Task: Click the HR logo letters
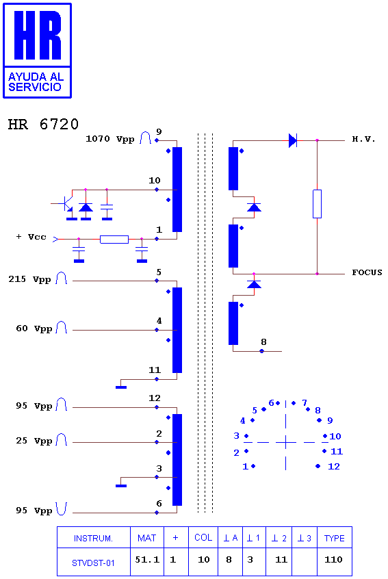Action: tap(37, 35)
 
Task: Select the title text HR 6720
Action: tap(43, 124)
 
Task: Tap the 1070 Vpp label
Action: tap(109, 139)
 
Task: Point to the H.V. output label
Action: tap(363, 139)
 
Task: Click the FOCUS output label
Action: tap(367, 272)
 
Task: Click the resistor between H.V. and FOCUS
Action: tap(317, 204)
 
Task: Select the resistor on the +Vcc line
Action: tap(114, 240)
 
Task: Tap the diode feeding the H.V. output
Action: tap(293, 140)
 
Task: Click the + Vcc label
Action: tap(31, 237)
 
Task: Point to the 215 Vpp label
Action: tap(29, 279)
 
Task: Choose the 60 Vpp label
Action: tap(34, 329)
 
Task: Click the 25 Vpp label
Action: tap(34, 441)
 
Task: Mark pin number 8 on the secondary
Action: tap(263, 342)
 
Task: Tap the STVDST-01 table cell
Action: tap(93, 563)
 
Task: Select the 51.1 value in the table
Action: tap(147, 560)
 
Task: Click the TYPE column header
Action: tap(335, 539)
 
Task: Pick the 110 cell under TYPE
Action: tap(333, 560)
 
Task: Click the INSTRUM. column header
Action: tap(93, 539)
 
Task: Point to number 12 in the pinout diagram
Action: tap(334, 466)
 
